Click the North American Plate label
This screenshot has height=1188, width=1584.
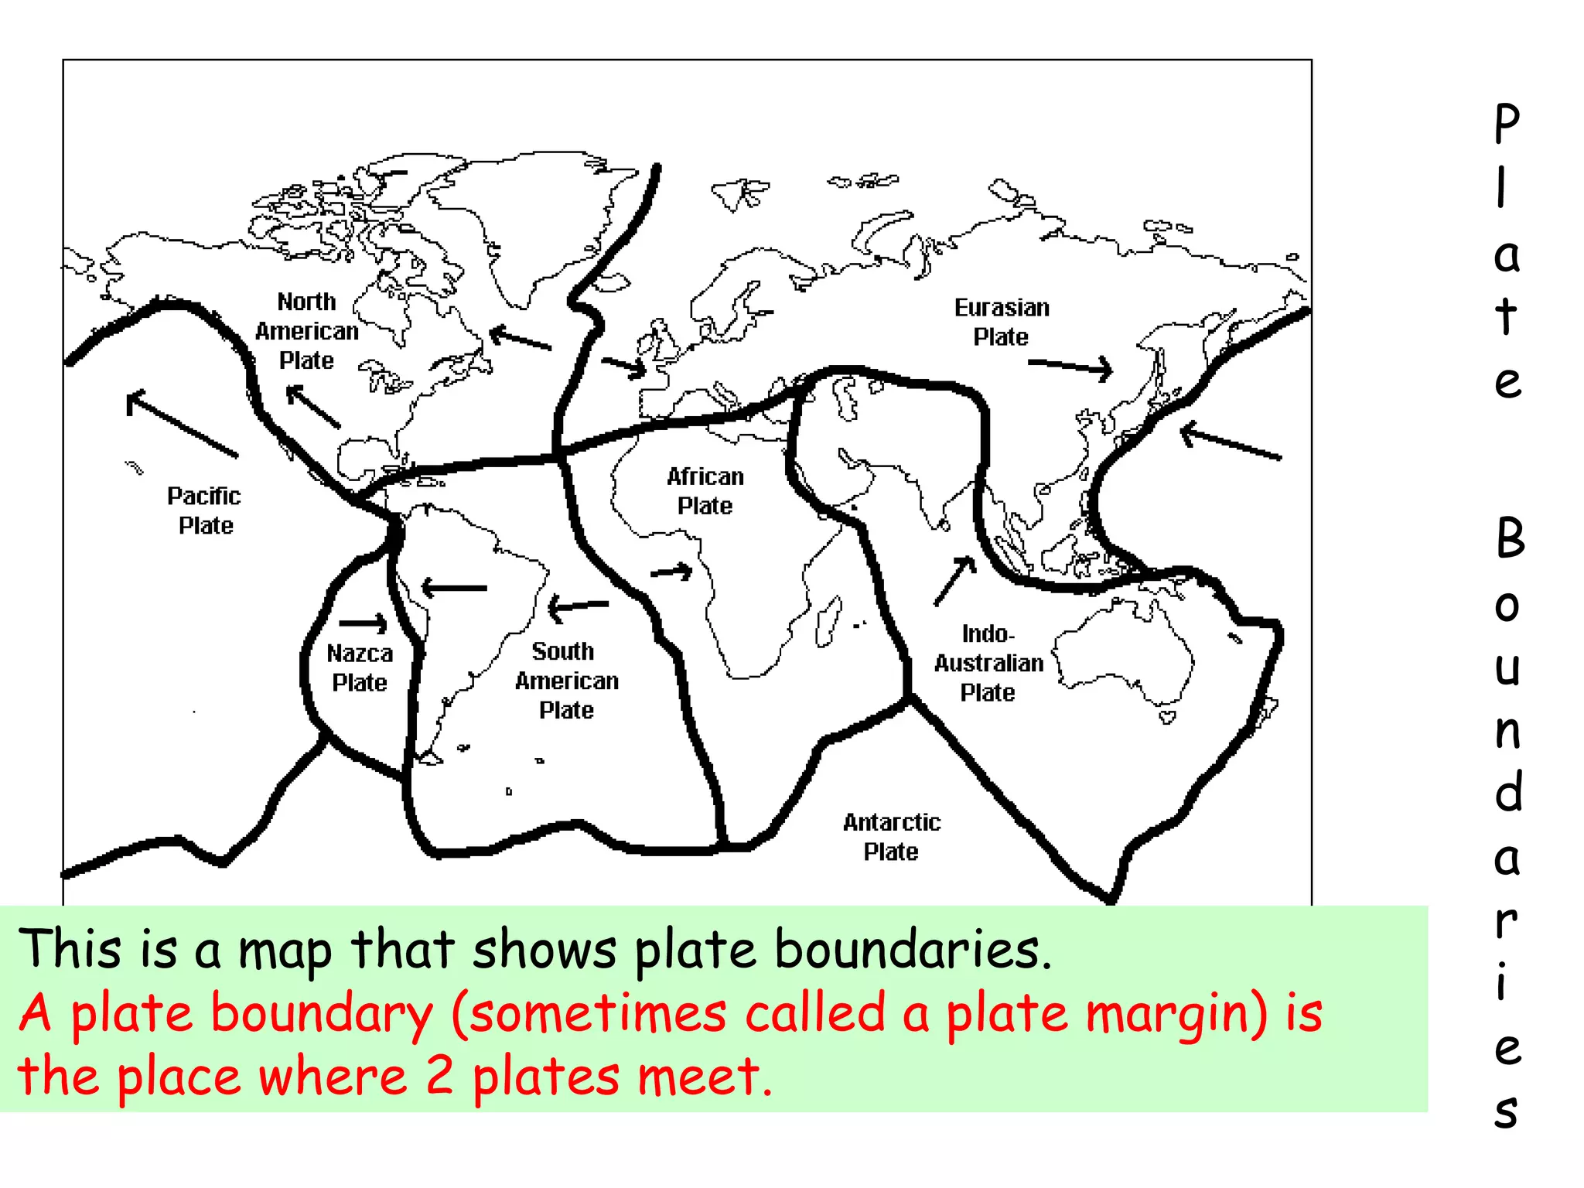point(307,331)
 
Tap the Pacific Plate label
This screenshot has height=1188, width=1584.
point(204,510)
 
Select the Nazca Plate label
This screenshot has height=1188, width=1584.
point(360,667)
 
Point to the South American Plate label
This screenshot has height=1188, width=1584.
point(566,681)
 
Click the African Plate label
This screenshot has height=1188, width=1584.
point(705,491)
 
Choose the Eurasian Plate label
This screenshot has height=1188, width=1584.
point(1002,322)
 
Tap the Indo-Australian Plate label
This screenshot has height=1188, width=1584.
point(988,663)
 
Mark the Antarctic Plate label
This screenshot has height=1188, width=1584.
point(892,837)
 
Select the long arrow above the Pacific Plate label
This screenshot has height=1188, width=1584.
point(182,423)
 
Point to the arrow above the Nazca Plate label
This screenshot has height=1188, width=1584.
point(364,623)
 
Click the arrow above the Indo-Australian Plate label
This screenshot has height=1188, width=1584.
point(955,580)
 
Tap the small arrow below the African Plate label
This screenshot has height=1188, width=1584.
point(671,572)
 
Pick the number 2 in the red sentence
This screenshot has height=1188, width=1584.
point(439,1077)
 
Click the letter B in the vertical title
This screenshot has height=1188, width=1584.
point(1509,538)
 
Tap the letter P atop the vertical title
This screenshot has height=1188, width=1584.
point(1507,124)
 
